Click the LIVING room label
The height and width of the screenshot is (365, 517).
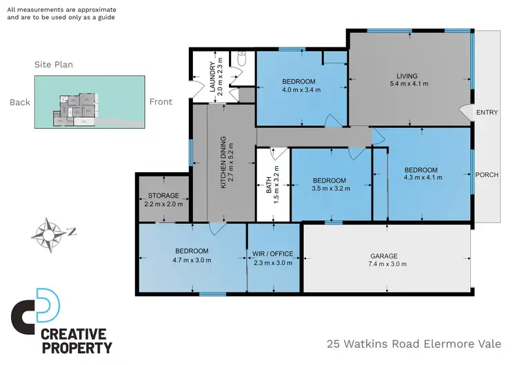(408, 76)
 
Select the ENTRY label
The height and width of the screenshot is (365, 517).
(486, 112)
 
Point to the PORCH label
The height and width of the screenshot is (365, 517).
(487, 174)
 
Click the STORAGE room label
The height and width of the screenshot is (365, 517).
(164, 196)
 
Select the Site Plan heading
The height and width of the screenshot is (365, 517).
(54, 65)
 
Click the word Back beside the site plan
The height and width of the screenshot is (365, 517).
(20, 102)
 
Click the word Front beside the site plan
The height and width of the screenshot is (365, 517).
(161, 102)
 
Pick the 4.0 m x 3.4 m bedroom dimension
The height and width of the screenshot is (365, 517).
(298, 89)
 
